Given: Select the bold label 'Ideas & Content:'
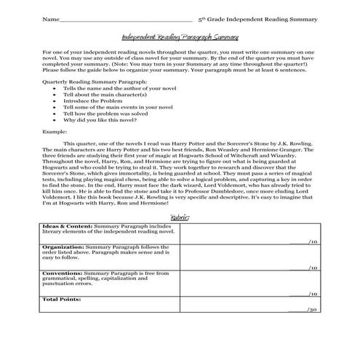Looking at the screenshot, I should coord(63,226).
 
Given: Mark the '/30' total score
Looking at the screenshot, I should coord(312,309).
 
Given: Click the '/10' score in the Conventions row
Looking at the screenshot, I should coord(312,293).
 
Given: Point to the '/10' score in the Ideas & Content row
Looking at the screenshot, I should coord(312,241).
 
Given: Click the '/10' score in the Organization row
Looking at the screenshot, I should coord(312,267).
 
